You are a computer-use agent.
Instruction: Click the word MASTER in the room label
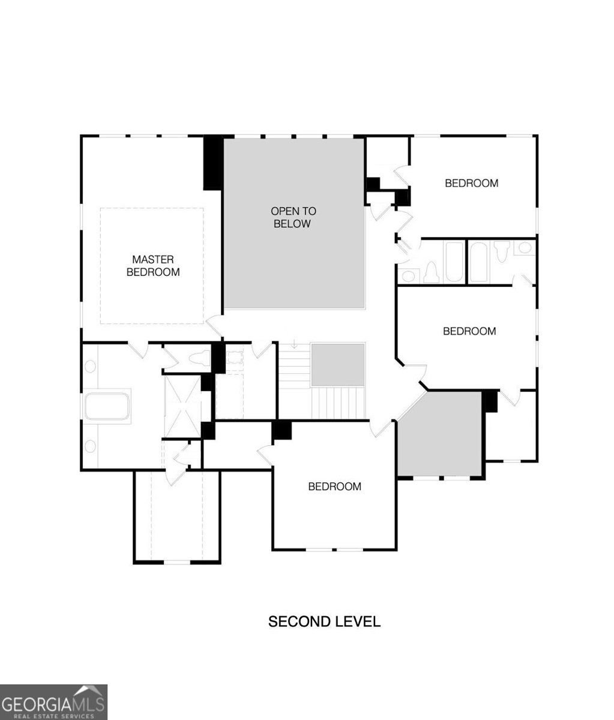point(152,260)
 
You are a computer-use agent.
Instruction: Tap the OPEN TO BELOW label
point(293,217)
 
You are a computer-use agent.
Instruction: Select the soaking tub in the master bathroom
point(107,407)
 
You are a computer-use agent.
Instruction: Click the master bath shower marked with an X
point(182,406)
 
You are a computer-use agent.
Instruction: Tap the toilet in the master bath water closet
point(199,358)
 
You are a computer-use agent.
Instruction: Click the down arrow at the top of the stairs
point(294,344)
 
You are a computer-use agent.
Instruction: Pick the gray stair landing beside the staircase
point(338,365)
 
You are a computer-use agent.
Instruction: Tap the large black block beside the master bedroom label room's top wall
point(213,163)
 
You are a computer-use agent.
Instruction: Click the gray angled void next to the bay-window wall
point(440,434)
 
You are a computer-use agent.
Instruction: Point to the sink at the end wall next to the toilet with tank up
point(525,248)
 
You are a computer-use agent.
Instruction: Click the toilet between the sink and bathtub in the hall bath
point(432,272)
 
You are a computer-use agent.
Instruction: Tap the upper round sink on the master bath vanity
point(91,367)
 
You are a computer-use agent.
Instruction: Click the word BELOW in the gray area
point(292,224)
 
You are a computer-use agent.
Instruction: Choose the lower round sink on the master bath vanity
point(91,446)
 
